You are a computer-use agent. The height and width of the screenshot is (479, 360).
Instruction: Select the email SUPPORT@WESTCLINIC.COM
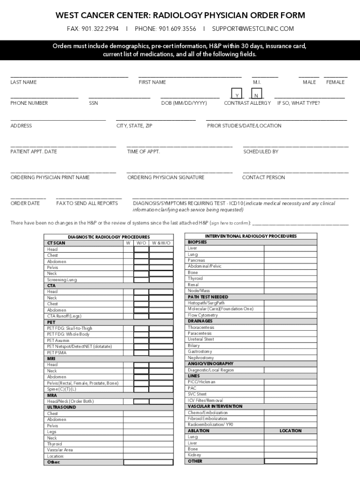(253, 29)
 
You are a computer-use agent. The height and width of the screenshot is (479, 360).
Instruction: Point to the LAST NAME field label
(23, 82)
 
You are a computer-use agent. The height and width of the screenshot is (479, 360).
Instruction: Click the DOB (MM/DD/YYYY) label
(184, 103)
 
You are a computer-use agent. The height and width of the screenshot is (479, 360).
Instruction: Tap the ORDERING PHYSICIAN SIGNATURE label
(166, 178)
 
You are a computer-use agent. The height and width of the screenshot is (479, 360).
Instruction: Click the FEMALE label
(335, 82)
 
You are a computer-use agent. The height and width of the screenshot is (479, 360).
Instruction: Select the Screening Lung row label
(62, 280)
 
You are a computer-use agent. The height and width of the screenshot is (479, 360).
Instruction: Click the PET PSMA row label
(58, 353)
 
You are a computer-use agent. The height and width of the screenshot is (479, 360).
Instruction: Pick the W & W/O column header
(161, 243)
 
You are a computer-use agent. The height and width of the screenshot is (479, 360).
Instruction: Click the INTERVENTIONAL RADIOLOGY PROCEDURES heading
(251, 236)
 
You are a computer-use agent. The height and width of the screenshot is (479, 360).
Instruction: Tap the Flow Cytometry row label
(203, 315)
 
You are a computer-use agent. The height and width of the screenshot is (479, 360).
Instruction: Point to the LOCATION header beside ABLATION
(290, 431)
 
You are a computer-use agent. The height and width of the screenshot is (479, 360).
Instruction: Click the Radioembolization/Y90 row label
(210, 425)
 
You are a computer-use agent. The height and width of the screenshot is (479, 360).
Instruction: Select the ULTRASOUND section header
(61, 407)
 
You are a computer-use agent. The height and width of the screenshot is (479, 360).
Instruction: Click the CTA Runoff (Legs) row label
(64, 316)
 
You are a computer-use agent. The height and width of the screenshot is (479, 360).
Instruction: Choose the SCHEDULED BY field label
(261, 152)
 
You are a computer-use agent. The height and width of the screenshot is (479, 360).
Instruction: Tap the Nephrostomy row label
(201, 358)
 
